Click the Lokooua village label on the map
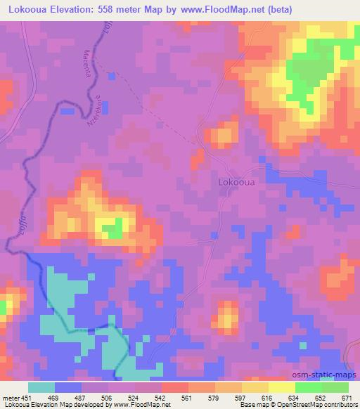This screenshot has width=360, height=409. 236,181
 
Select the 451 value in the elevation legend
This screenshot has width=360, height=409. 27,398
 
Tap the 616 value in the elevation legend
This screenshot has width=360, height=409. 267,398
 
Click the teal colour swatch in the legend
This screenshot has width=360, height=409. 41,387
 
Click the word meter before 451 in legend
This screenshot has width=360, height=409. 10,398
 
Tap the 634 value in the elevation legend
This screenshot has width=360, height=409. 294,398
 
